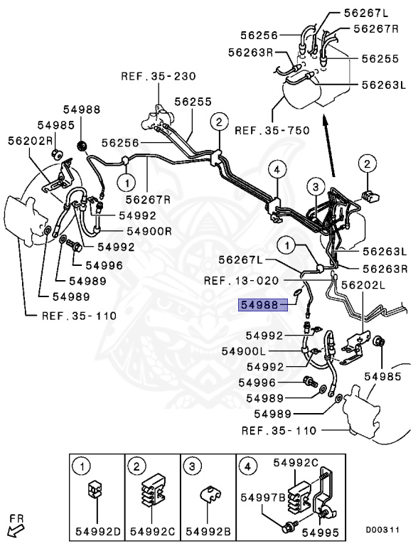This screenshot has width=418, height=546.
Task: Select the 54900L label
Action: coord(245,351)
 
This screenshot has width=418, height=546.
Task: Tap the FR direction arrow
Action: coord(15,529)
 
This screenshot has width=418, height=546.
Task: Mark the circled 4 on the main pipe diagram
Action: coord(277,168)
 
